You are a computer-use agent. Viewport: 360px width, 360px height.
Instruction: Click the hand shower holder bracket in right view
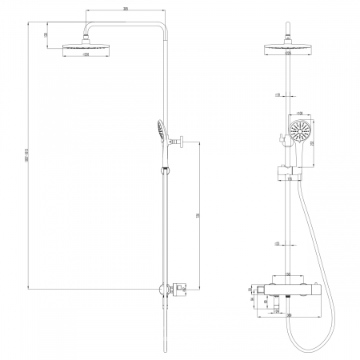285,170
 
